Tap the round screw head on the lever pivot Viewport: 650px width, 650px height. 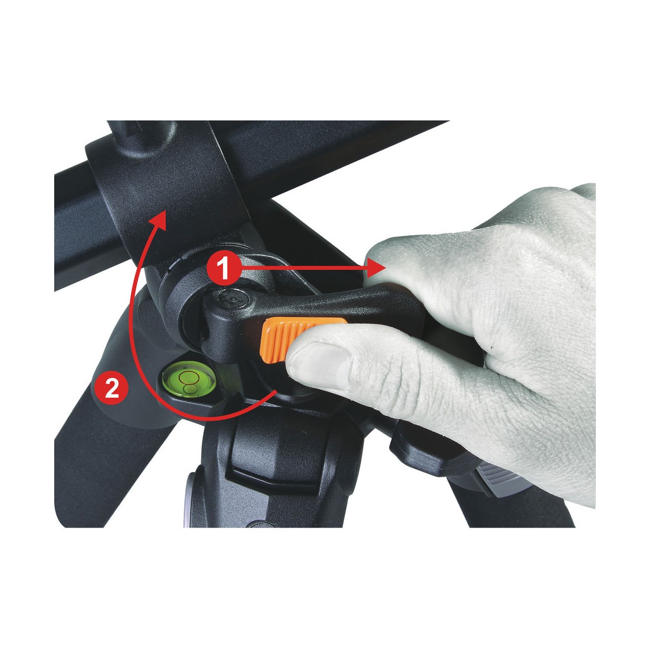click(233, 298)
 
